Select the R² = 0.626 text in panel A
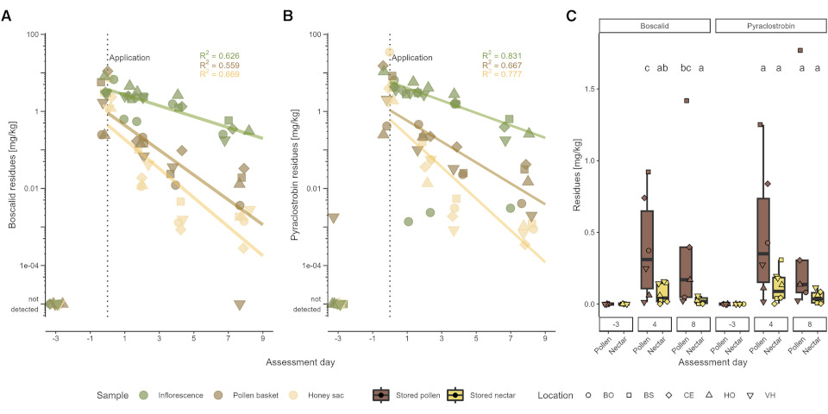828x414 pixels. coord(217,56)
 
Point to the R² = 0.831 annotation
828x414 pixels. coord(500,56)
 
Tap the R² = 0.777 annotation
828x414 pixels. coord(500,75)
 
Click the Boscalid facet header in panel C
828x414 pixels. coord(655,26)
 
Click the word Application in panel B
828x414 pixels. coord(412,58)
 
